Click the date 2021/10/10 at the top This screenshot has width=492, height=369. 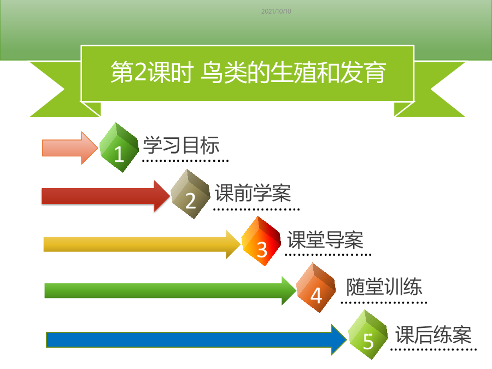point(276,11)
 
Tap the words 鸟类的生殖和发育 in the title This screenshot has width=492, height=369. point(293,73)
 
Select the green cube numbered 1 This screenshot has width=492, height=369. point(119,148)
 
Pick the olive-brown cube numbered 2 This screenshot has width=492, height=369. point(190,194)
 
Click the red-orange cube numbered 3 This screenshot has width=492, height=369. point(261,241)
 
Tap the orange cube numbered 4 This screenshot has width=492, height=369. point(315,288)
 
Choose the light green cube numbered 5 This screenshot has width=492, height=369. point(368,335)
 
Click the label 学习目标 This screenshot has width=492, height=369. point(181,145)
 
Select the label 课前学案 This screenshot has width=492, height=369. point(253,193)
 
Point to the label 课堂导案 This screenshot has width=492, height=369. point(325,240)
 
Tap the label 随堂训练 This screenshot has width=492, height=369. point(384,287)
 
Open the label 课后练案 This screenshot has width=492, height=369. point(434,335)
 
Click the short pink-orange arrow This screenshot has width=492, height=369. point(70,148)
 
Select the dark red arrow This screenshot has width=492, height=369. point(106,196)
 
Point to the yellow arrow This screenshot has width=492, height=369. point(142,244)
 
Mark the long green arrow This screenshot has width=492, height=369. point(171,291)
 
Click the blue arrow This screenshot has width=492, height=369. point(196,340)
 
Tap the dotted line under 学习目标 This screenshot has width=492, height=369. point(185,161)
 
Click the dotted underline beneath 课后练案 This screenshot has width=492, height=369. point(434,349)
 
